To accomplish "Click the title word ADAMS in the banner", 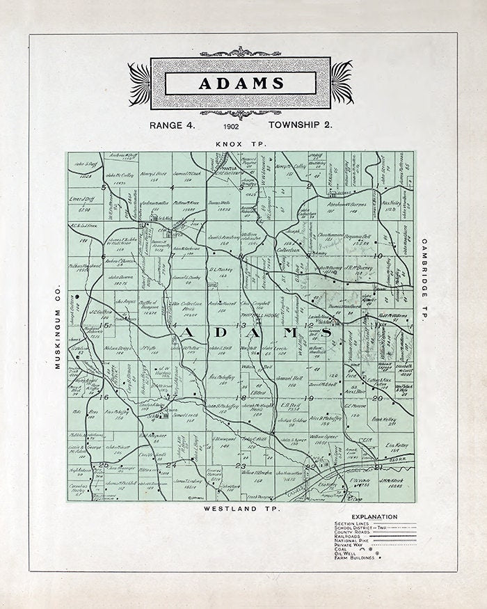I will point(241,83).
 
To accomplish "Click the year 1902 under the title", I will point(232,127).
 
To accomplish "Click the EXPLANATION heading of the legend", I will point(375,516).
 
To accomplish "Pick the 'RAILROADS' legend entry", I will point(349,535).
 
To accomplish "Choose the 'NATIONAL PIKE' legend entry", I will point(354,540).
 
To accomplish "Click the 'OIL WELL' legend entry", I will point(346,553).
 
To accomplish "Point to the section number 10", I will point(378,256).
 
